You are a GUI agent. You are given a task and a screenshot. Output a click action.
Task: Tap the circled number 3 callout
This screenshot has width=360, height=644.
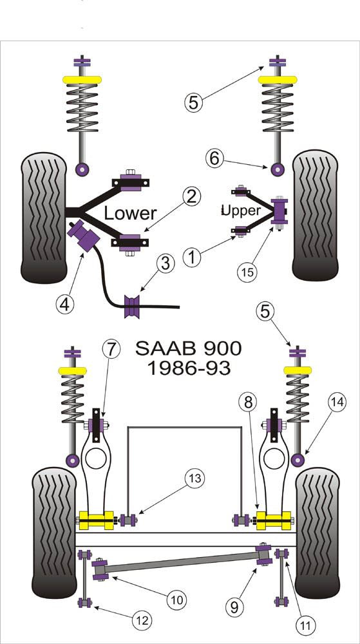click(x=166, y=263)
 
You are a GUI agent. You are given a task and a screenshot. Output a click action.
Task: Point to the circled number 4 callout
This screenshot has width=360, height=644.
click(x=64, y=305)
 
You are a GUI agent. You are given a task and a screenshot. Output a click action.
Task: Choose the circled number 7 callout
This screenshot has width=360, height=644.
click(x=111, y=350)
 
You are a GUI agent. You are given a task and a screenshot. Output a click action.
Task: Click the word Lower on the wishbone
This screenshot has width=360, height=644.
click(x=131, y=213)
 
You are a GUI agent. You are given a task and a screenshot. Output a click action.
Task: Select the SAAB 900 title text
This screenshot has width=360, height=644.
click(x=188, y=348)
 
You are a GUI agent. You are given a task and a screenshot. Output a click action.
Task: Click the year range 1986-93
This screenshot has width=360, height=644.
click(x=188, y=369)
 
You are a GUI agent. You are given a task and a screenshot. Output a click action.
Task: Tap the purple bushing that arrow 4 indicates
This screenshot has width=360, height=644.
click(x=83, y=235)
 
